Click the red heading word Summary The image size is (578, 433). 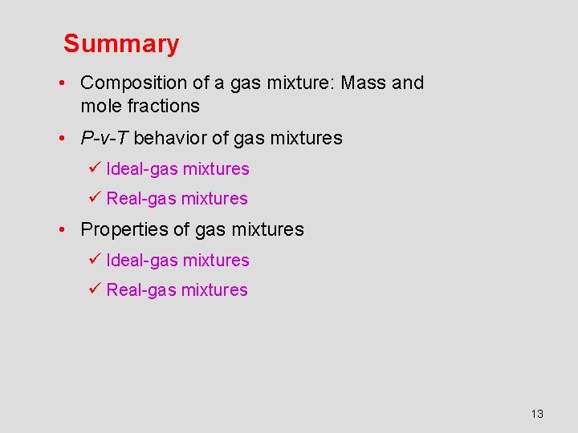(121, 43)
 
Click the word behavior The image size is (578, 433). (169, 138)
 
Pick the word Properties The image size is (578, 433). (120, 229)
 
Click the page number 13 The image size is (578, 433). (537, 414)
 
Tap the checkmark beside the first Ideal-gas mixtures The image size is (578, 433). (94, 168)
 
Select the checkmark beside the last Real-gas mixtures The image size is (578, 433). (94, 289)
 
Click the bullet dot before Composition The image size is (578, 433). (61, 83)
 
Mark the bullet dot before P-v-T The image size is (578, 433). (61, 139)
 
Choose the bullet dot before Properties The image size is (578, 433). (61, 230)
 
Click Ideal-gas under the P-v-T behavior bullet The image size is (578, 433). (142, 169)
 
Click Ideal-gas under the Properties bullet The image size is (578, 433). (142, 261)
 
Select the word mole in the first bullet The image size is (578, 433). (100, 106)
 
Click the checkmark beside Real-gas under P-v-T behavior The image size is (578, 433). (94, 198)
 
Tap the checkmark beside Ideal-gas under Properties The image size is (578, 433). (94, 260)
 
